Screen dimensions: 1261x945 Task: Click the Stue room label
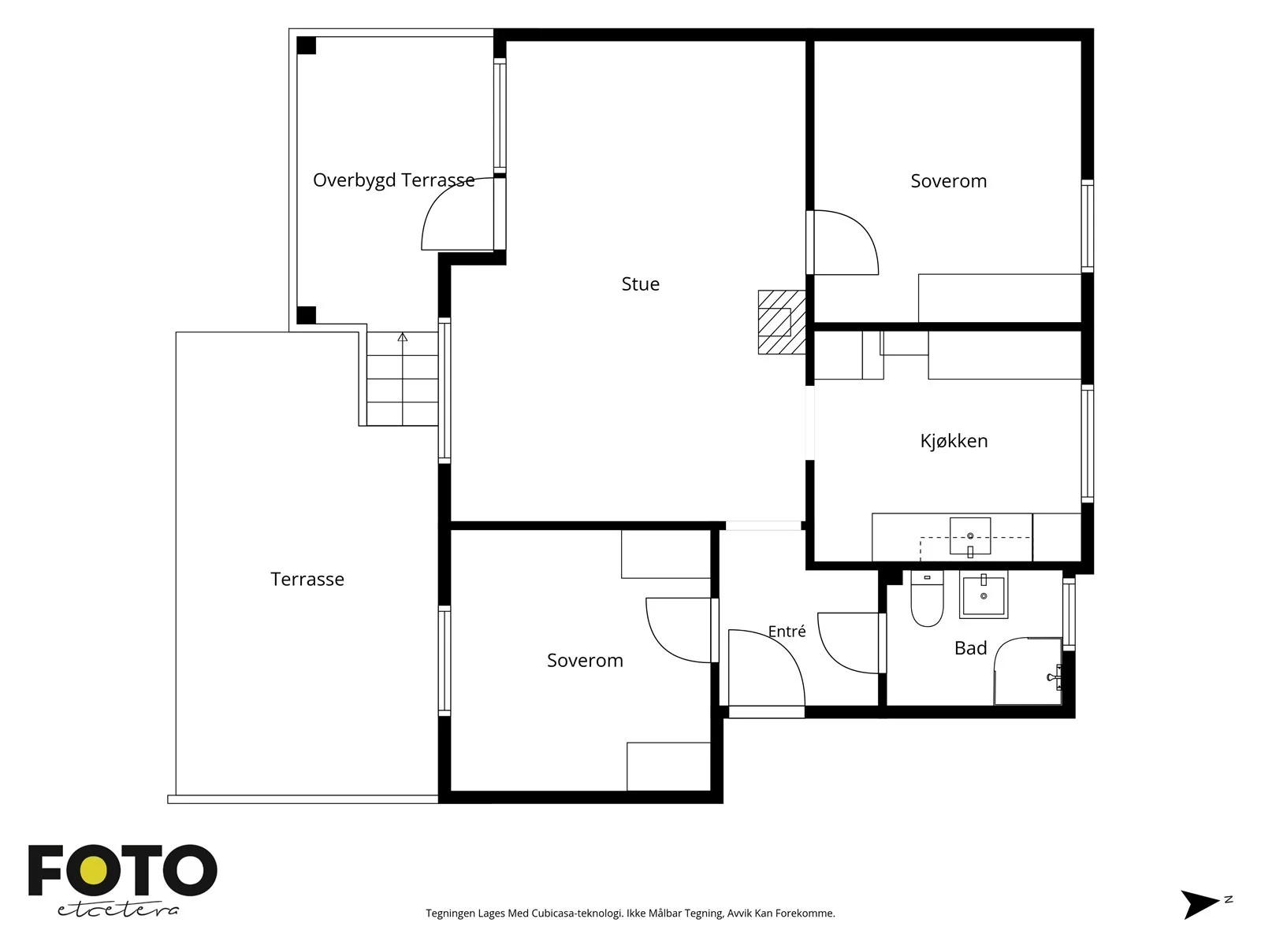click(x=640, y=283)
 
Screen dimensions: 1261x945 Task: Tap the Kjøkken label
click(x=954, y=441)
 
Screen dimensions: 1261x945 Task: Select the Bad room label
click(x=970, y=648)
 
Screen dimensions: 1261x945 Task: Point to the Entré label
click(x=787, y=631)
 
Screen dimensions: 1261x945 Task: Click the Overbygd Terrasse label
click(x=393, y=180)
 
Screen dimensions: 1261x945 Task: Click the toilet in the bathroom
click(x=927, y=598)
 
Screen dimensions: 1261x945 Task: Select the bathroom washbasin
click(x=984, y=595)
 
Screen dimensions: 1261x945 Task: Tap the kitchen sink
click(x=970, y=537)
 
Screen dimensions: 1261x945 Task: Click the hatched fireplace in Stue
click(x=782, y=322)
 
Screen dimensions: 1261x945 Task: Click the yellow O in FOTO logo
click(x=93, y=871)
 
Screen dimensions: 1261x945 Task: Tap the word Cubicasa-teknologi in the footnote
click(x=576, y=913)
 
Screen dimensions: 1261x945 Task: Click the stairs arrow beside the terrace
click(x=403, y=379)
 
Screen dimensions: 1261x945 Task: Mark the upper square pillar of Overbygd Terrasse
click(x=307, y=46)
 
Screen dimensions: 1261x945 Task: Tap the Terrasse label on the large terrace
click(x=307, y=579)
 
